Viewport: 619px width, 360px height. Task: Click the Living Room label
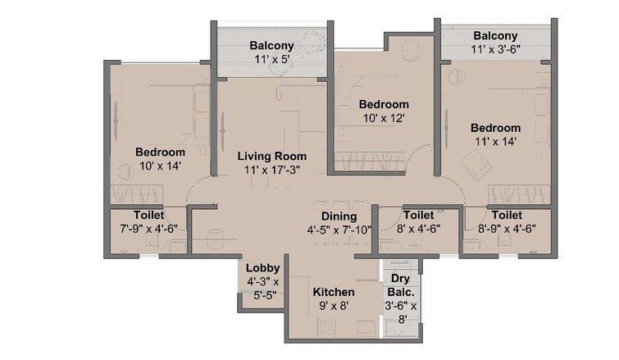pos(272,156)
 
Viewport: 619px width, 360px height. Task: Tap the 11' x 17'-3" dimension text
pos(272,169)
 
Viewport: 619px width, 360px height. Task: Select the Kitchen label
pos(334,292)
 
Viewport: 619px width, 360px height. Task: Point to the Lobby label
pos(262,268)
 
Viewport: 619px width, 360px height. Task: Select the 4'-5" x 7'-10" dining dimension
pos(339,229)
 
